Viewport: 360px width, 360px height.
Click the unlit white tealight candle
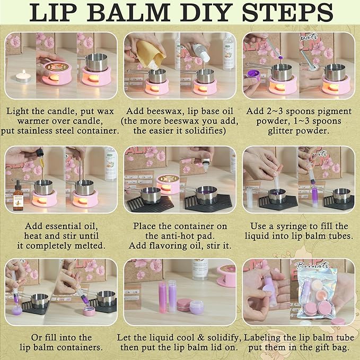click(x=21, y=77)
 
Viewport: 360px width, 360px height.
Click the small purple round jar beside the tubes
click(x=197, y=306)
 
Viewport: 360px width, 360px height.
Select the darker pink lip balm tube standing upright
click(x=162, y=297)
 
